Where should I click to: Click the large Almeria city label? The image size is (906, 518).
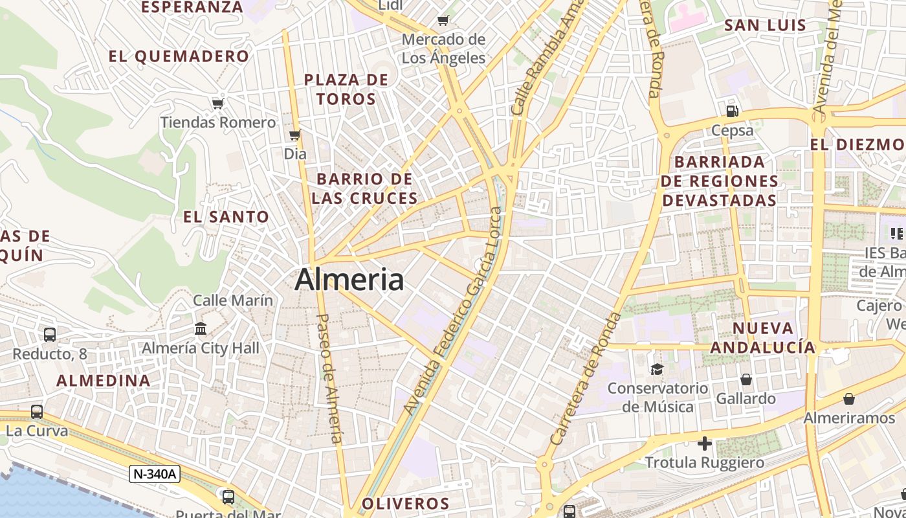[349, 280]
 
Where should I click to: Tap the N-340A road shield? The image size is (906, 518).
[154, 474]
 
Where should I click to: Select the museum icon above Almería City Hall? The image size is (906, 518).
[201, 329]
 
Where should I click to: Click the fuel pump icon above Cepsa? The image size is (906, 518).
[733, 111]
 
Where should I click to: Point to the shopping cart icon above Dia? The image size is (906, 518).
[295, 135]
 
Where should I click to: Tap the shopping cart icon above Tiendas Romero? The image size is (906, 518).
[217, 104]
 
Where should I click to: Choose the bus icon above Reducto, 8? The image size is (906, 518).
[50, 335]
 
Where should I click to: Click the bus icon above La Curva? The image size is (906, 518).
[37, 412]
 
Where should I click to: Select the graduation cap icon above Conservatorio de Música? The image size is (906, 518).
[657, 369]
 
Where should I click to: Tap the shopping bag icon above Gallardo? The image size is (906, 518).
[746, 379]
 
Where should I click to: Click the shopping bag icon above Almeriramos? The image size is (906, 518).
[849, 399]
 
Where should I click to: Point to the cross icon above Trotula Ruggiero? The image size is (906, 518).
[705, 444]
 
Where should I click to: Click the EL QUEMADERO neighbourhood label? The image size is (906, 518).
[179, 56]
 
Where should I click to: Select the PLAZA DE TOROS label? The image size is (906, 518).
[346, 89]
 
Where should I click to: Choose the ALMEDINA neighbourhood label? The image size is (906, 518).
[104, 381]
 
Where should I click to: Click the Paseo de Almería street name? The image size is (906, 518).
[330, 379]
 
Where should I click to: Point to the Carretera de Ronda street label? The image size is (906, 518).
[585, 379]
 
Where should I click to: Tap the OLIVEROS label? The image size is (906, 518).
[405, 504]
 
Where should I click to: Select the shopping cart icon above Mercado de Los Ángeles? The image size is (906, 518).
[443, 21]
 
